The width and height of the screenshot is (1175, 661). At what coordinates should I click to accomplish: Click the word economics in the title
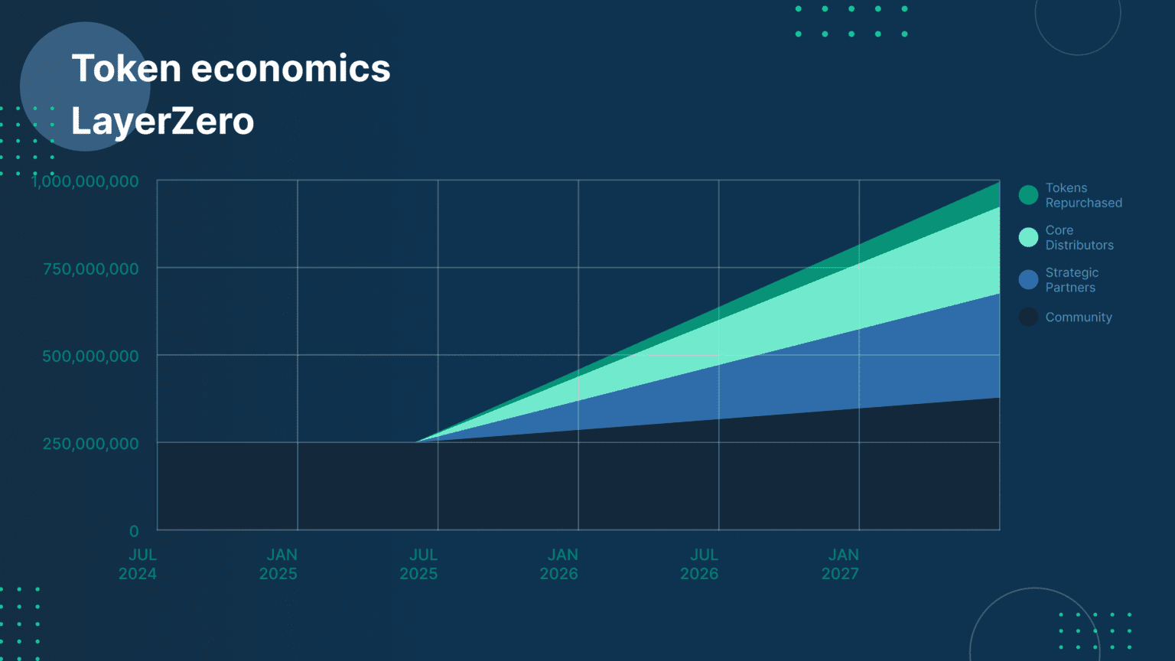pyautogui.click(x=291, y=69)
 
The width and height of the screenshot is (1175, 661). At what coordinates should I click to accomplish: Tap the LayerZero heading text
pyautogui.click(x=162, y=121)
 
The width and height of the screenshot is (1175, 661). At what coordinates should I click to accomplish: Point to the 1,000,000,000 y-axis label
pyautogui.click(x=85, y=181)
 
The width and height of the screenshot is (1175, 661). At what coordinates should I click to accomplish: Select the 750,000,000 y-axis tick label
pyautogui.click(x=90, y=269)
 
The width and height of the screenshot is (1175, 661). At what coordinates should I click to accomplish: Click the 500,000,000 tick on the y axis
pyautogui.click(x=90, y=356)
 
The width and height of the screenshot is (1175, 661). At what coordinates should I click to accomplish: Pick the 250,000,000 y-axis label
pyautogui.click(x=90, y=444)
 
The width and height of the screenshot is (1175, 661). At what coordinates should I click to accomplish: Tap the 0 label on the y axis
pyautogui.click(x=134, y=531)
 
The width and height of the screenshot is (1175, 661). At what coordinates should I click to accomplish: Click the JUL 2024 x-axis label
pyautogui.click(x=138, y=564)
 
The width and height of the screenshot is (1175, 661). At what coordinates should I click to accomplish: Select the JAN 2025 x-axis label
pyautogui.click(x=278, y=564)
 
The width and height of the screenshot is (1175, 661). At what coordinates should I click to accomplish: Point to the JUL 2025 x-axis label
pyautogui.click(x=419, y=564)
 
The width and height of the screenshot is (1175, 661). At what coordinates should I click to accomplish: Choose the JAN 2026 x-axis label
pyautogui.click(x=559, y=564)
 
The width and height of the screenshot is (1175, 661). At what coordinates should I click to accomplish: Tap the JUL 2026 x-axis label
pyautogui.click(x=700, y=564)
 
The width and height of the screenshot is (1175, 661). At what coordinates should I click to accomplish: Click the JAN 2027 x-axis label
pyautogui.click(x=841, y=564)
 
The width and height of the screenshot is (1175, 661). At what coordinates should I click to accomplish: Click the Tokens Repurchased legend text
pyautogui.click(x=1083, y=195)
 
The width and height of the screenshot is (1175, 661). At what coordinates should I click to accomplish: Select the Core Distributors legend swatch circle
pyautogui.click(x=1028, y=237)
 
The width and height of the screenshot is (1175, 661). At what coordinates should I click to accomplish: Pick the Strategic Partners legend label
pyautogui.click(x=1072, y=280)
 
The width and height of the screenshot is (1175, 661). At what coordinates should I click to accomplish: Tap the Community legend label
pyautogui.click(x=1079, y=317)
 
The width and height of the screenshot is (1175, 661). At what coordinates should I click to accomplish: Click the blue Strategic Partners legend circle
pyautogui.click(x=1028, y=279)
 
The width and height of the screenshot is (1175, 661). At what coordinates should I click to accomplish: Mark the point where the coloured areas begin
pyautogui.click(x=416, y=442)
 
